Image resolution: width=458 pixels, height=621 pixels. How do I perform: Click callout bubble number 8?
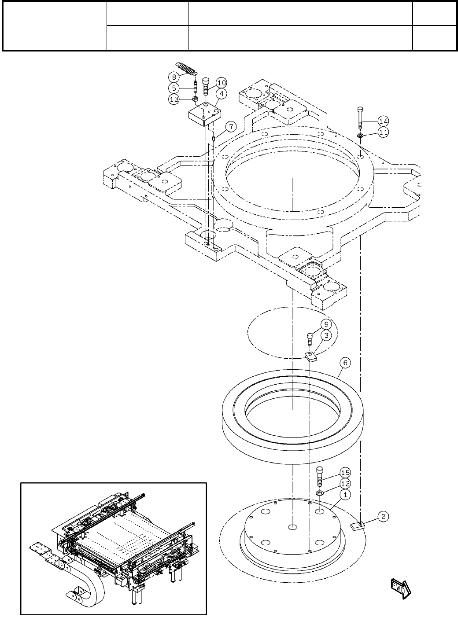point(174,77)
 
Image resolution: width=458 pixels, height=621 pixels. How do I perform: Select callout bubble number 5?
point(174,88)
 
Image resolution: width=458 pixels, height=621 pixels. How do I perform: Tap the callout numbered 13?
point(174,99)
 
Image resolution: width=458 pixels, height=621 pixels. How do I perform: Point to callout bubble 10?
point(221,83)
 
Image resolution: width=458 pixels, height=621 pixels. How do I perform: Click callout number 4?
point(221,94)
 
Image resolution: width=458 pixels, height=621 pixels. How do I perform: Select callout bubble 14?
point(384,121)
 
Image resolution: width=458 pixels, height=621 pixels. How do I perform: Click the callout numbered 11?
point(384,132)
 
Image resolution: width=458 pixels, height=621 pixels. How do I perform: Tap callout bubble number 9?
point(326,324)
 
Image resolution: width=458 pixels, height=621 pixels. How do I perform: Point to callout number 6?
point(345,363)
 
